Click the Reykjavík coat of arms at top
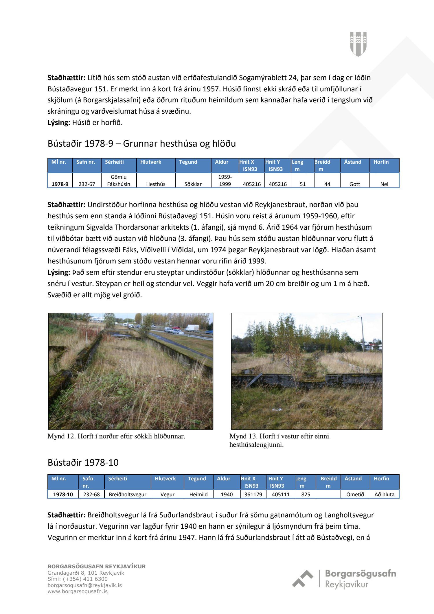pos(358,44)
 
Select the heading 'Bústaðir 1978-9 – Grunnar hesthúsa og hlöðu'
pos(141,143)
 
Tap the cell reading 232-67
pos(87,184)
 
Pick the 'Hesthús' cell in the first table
pos(156,184)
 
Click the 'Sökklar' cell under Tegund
pos(193,184)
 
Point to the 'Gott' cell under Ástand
pos(354,184)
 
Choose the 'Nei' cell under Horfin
pos(384,184)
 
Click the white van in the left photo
pos(192,328)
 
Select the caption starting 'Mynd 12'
pos(116,436)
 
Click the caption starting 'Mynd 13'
pos(279,440)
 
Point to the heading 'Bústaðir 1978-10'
pos(83,462)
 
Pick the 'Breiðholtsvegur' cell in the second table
pos(128,494)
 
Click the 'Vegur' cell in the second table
pos(167,494)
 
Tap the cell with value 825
pos(306,494)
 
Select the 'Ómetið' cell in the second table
pos(355,494)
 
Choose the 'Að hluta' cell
pos(384,494)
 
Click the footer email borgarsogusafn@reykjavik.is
pos(84,585)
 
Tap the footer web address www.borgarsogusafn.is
pos(78,591)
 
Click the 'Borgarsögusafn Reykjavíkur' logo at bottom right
pos(344,579)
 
